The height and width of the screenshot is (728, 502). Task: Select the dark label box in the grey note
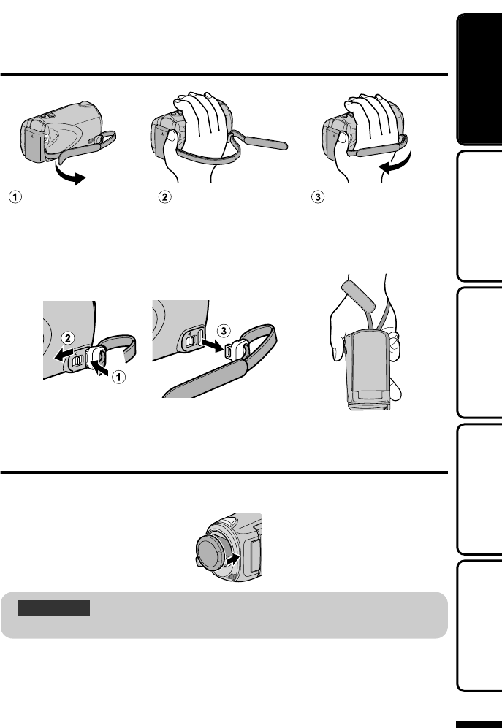tap(56, 608)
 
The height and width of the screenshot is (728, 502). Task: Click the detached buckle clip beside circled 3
tap(238, 349)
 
